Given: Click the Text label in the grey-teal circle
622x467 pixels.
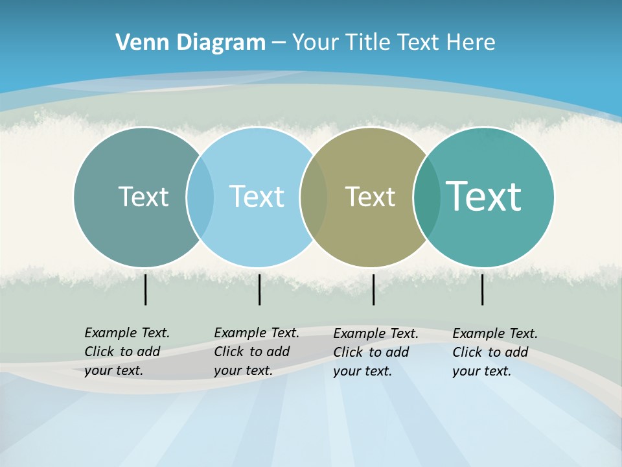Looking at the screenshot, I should pos(143,197).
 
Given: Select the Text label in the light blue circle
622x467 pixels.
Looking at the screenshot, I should pos(257,197).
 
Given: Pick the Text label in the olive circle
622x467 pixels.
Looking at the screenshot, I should pos(370,197).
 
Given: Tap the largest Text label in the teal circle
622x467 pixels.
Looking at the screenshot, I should pos(484,197).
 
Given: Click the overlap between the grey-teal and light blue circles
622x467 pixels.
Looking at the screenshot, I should pos(200,197).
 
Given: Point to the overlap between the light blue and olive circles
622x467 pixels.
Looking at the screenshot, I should pos(314,197).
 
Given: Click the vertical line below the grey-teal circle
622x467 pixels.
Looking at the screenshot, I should pos(146,289).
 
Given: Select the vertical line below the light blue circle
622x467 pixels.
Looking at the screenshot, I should pos(259,289).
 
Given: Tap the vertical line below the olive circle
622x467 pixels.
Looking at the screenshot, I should pos(373,289).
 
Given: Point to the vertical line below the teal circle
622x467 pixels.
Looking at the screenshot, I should pos(483,289).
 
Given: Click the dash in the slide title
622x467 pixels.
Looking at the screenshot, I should pos(279,43).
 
